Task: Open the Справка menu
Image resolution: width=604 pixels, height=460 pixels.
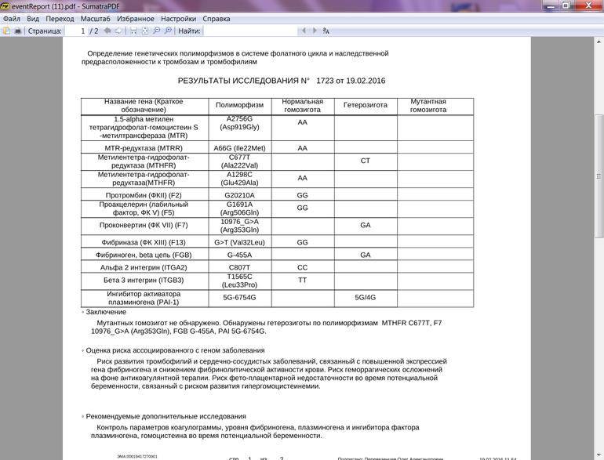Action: [216, 18]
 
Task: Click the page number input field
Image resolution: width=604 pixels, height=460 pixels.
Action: [75, 31]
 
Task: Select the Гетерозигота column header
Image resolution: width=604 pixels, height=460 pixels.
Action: [365, 105]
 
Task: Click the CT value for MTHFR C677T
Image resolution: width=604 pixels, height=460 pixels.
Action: [365, 160]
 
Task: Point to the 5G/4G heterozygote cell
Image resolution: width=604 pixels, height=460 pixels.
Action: [365, 298]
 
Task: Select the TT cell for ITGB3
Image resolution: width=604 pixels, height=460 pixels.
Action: [302, 280]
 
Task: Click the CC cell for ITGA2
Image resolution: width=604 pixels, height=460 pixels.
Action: [302, 266]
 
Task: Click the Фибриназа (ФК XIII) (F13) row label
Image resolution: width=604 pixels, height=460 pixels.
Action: [143, 243]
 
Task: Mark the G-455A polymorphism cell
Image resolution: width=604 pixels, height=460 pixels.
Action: [239, 255]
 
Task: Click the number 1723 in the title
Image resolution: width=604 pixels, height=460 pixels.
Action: [326, 81]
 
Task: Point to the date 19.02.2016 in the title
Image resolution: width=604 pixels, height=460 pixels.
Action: [365, 81]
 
